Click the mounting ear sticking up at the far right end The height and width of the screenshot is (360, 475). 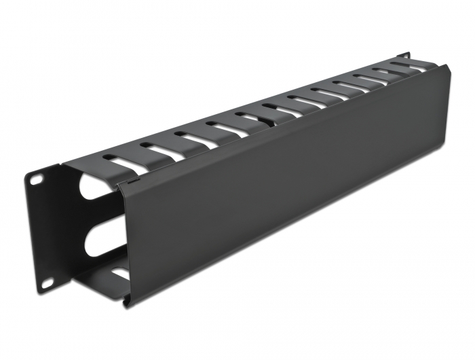click(404, 54)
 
